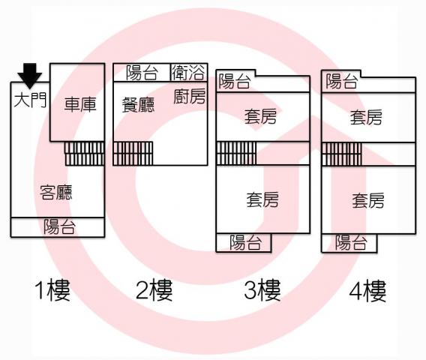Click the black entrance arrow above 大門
tap(29, 76)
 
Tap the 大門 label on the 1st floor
tap(30, 100)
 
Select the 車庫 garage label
tap(80, 104)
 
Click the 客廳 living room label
tap(56, 193)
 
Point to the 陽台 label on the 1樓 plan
tap(59, 226)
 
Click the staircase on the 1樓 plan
tap(85, 154)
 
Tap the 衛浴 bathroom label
tap(188, 72)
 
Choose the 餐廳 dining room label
tap(138, 105)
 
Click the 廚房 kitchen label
tap(189, 96)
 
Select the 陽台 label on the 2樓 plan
tap(142, 73)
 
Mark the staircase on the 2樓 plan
tap(133, 154)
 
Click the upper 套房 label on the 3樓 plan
tap(260, 116)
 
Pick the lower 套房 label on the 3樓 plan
tap(262, 199)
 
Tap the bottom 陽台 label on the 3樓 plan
tap(245, 242)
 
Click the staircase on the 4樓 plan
tap(342, 154)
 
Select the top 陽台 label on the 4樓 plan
tap(341, 81)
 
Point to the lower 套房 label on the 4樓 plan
tap(368, 200)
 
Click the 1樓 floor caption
tap(52, 290)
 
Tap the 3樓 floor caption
tap(262, 290)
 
